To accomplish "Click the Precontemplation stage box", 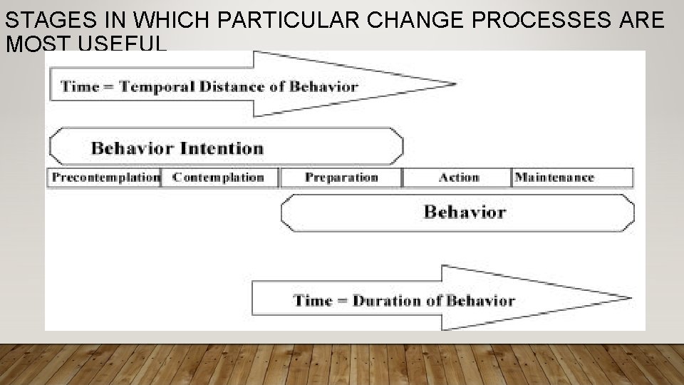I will coord(105,178).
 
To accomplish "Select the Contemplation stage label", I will coord(218,178).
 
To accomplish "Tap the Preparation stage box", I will coord(341,178).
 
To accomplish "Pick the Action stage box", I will coord(458,178).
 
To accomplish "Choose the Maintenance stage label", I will coord(554,178).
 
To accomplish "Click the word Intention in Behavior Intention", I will coord(221,148).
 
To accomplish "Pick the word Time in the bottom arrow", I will coord(313,300).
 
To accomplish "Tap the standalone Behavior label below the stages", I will coord(465,212).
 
